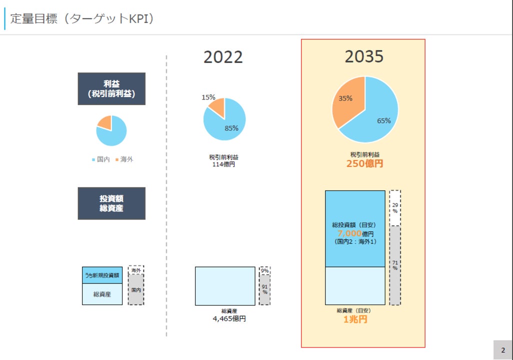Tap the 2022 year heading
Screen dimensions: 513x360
(223, 57)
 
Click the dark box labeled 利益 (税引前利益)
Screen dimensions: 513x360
(111, 88)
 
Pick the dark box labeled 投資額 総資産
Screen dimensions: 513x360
(111, 203)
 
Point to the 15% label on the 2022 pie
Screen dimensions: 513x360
(208, 97)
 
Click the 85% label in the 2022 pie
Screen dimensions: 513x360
(231, 128)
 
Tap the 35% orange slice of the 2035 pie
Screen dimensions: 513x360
(345, 98)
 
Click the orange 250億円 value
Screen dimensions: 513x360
(364, 163)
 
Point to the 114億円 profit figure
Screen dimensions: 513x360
(223, 164)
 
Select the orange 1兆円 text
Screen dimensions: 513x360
(355, 319)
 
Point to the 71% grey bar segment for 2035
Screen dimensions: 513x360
(395, 265)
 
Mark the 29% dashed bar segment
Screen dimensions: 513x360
(395, 208)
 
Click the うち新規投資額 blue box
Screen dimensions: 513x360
(102, 275)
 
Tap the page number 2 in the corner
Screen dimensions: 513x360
(503, 350)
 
